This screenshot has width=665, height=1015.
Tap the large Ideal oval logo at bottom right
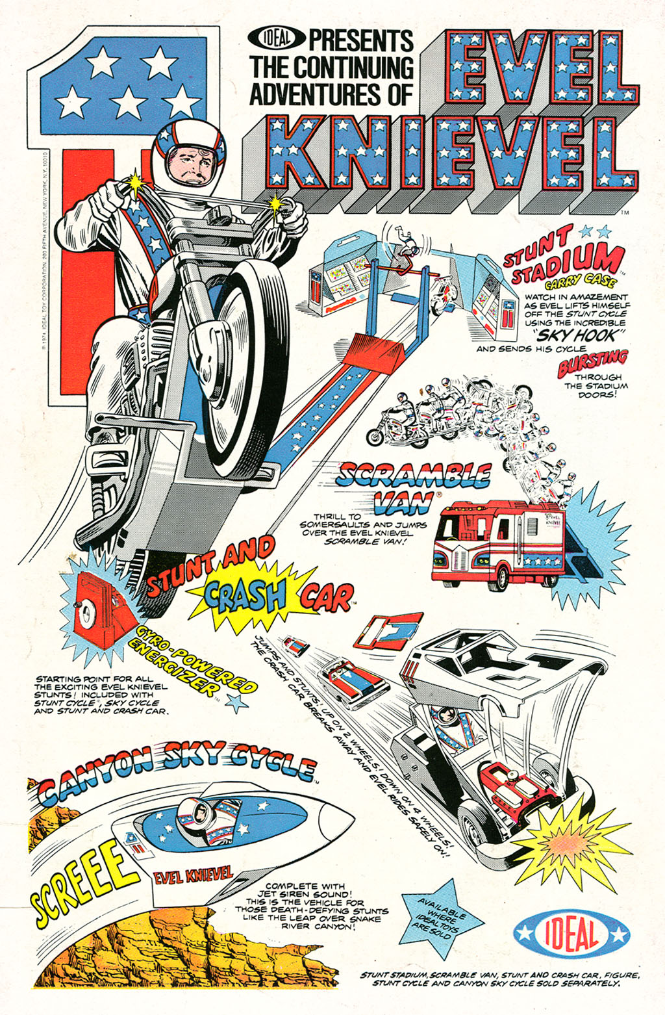click(571, 934)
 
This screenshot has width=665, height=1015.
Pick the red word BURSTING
click(593, 363)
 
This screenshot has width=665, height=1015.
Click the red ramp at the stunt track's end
click(371, 351)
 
